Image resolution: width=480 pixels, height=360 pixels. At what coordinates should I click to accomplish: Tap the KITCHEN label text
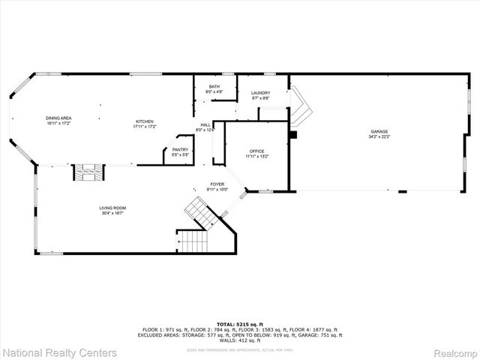pos(144,121)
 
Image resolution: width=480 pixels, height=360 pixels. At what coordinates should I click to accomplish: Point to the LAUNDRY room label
pos(260,93)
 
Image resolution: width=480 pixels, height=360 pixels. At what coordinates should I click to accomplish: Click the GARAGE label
pos(379,132)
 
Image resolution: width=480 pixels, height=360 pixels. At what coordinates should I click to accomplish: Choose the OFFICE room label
pos(256,151)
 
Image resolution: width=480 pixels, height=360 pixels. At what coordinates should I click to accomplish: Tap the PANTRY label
pos(180,149)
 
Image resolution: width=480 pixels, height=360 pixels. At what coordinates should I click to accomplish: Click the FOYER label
pos(217,184)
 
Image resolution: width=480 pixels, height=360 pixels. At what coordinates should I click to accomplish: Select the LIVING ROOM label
pos(112,208)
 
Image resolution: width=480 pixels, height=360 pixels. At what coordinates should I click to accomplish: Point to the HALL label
pos(205,125)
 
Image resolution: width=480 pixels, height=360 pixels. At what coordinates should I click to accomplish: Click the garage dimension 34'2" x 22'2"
pos(379,137)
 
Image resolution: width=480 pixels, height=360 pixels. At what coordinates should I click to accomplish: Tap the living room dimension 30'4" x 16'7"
pos(112,213)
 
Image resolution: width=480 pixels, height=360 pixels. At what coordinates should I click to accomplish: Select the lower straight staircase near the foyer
pos(193,241)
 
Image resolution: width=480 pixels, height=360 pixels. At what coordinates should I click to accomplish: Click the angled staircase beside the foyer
pos(201,212)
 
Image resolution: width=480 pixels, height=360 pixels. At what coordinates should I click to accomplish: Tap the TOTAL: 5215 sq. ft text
pos(239,324)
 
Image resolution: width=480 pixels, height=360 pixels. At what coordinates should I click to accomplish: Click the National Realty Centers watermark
pos(59,352)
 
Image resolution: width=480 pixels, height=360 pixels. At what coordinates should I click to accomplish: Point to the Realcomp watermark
pos(450,352)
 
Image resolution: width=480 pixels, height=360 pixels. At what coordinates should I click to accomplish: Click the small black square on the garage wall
pos(293,135)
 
